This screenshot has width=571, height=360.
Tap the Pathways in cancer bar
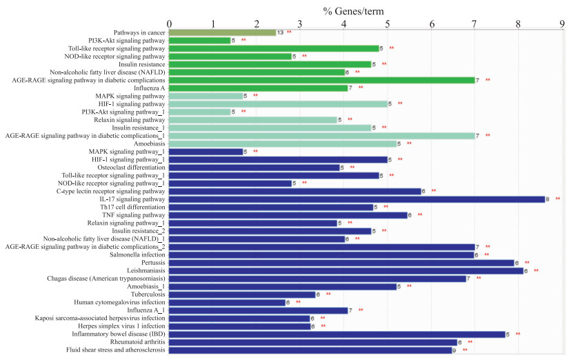point(221,32)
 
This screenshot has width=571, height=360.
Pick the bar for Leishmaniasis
point(345,270)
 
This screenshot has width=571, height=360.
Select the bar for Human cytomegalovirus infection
point(227,302)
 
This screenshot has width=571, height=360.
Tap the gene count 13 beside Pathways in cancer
point(279,32)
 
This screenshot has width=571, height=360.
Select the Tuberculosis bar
point(242,294)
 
